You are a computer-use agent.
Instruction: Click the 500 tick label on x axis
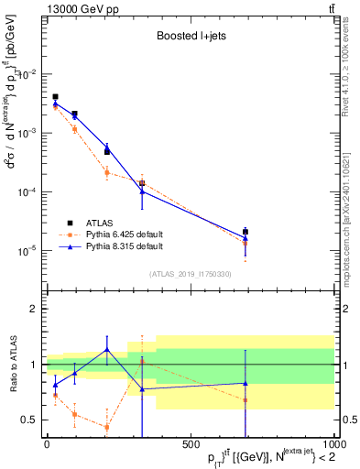pos(191,446)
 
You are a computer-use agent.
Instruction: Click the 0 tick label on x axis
pos(46,446)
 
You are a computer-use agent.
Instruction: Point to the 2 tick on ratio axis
pos(35,309)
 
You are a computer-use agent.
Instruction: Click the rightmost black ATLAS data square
pos(245,232)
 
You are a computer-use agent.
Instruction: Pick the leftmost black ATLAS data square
pos(55,96)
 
